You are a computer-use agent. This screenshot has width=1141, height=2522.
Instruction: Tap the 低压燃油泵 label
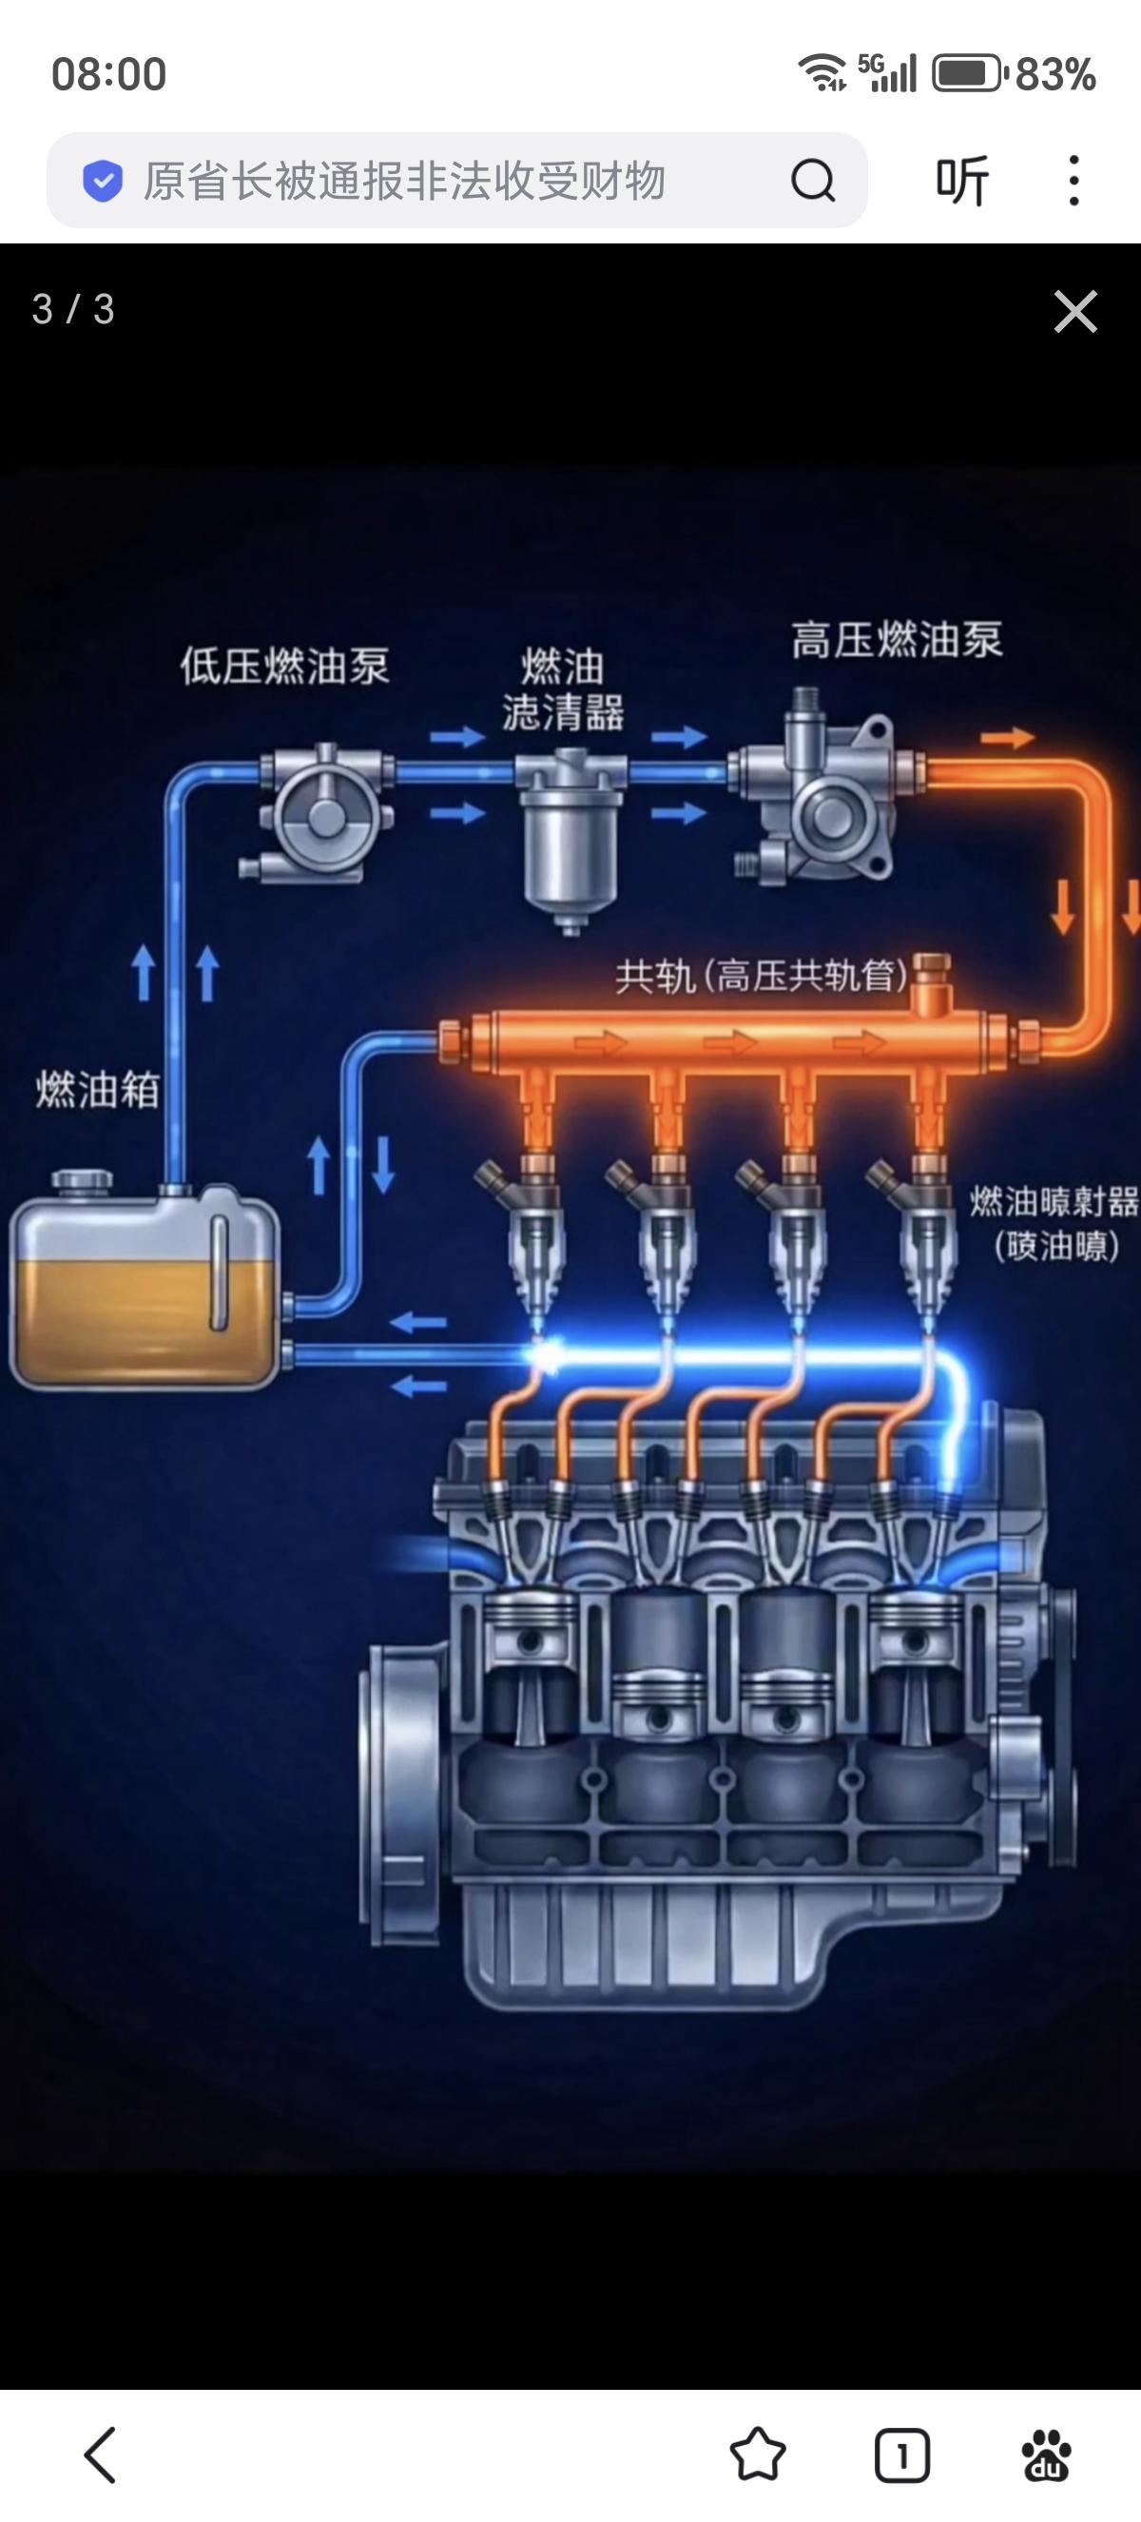(x=284, y=667)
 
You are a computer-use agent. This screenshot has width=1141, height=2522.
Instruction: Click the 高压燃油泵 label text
(x=897, y=640)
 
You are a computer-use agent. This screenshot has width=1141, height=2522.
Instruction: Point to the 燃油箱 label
(x=97, y=1090)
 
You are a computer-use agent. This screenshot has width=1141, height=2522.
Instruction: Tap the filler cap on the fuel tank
(x=81, y=1182)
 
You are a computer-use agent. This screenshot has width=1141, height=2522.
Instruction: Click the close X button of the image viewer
(x=1075, y=311)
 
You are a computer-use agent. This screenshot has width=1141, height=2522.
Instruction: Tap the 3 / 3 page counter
(x=73, y=309)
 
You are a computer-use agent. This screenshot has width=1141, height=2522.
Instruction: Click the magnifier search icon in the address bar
(x=812, y=180)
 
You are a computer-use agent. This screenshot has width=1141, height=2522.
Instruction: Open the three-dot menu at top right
(x=1074, y=180)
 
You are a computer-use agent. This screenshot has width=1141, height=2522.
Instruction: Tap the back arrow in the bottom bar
(x=100, y=2454)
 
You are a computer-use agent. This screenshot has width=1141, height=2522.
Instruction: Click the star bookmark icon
(x=758, y=2454)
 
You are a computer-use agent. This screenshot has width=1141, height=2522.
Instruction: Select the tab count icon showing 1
(x=901, y=2454)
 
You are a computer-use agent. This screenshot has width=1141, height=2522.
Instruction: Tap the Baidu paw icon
(x=1046, y=2454)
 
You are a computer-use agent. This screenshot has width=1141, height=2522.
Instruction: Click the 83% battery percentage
(x=1054, y=74)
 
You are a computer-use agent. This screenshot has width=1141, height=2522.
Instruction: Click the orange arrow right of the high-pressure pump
(x=1007, y=737)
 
